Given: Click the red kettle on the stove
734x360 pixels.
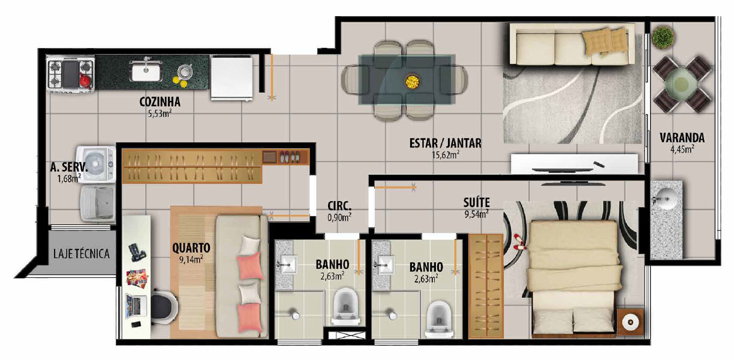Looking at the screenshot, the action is [86, 80].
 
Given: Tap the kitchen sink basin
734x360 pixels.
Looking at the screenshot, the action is [146, 71].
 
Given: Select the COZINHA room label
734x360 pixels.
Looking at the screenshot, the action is [160, 102].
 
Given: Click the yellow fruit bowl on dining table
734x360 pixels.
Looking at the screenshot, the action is [412, 80].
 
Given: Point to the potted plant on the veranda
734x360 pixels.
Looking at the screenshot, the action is [663, 37].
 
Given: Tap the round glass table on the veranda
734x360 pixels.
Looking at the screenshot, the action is [681, 83].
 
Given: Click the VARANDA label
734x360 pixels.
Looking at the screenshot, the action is [682, 137].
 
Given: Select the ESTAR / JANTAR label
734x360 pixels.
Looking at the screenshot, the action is [446, 143].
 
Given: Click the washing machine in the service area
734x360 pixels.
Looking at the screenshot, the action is [96, 164].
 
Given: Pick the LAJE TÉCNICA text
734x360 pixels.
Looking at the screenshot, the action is [82, 254].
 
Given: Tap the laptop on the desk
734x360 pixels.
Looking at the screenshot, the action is [136, 306].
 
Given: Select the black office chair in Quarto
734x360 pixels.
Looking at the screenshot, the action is [164, 307].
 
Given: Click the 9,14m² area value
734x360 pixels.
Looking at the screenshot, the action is [191, 260].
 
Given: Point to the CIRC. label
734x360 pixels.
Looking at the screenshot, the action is [339, 206].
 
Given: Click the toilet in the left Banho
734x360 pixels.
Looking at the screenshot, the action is [345, 306].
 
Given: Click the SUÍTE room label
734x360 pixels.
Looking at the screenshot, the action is [477, 203].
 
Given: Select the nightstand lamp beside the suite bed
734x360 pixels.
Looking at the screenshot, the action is [630, 322].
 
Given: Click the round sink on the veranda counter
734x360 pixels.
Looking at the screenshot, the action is [665, 199].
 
